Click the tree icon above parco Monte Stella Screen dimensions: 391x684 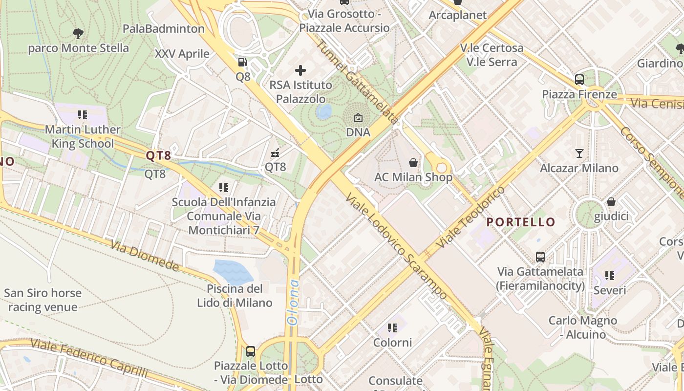coord(78,34)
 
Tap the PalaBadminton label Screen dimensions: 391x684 coord(164,29)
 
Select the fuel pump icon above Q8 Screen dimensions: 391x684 coord(242,62)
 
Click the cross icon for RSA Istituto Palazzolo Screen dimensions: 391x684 coord(300,71)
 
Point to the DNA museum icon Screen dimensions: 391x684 coord(358,118)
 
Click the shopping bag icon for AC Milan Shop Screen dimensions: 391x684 coord(413,163)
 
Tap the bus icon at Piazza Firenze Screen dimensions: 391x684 coord(579,79)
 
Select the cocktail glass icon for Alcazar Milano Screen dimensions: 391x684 coord(579,153)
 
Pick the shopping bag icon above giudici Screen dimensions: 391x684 coord(611,202)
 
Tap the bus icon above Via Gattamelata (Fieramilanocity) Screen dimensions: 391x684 coord(540,257)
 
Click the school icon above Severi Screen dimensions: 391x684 coord(610,276)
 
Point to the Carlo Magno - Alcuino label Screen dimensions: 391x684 coord(582,327)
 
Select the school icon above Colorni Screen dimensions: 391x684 coord(392,328)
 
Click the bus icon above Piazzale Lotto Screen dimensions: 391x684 coord(251,351)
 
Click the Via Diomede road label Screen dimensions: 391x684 coord(145,256)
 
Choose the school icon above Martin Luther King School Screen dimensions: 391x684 coord(83,115)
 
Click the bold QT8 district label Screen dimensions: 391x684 coord(159,156)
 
